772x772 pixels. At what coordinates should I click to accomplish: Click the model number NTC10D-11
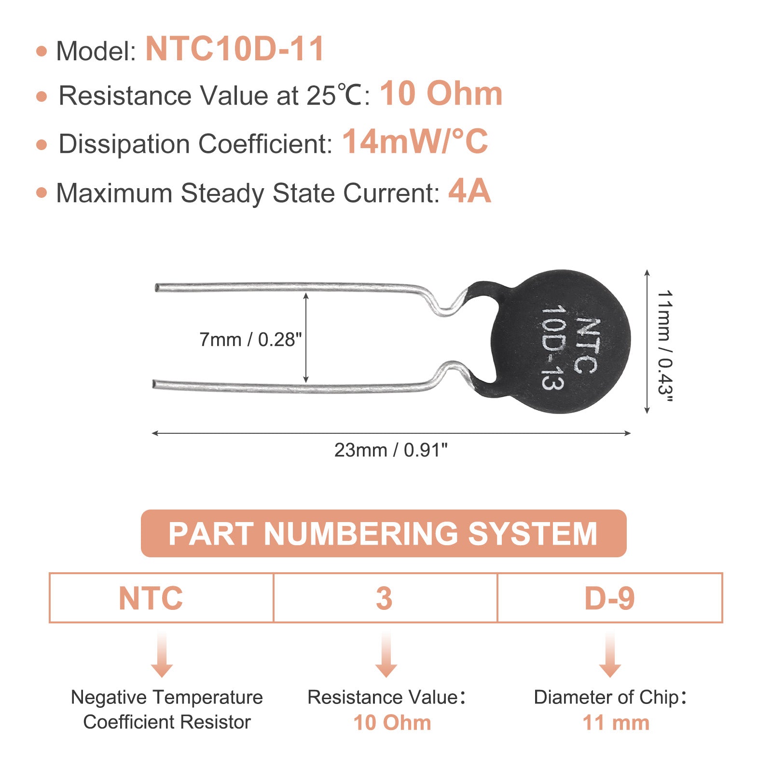pos(234,49)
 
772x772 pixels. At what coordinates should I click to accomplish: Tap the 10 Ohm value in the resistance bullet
pos(441,94)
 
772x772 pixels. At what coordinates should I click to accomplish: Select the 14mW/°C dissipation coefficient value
pos(415,142)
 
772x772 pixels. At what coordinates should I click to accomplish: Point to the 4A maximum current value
pos(469,192)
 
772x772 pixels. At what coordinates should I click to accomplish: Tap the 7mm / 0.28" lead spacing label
pos(250,340)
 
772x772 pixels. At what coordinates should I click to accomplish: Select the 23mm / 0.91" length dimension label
pos(391,450)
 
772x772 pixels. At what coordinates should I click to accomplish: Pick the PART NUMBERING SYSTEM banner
pos(384,533)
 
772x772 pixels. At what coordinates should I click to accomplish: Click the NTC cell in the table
pos(161,598)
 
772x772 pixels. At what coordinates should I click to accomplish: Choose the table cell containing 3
pos(385,598)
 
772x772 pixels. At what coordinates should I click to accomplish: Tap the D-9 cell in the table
pos(610,598)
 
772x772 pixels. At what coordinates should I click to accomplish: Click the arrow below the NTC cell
pos(162,655)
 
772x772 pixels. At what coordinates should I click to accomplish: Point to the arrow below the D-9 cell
pos(610,655)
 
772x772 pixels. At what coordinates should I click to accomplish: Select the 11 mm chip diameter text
pos(616,723)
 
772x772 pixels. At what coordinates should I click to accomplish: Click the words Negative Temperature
pos(167,697)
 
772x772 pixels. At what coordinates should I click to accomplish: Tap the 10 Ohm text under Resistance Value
pos(392,723)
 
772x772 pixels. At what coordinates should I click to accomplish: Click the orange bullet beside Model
pos(42,51)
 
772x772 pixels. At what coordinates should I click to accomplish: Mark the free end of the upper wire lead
pos(156,288)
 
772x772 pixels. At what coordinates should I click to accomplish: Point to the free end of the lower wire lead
pos(154,385)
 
